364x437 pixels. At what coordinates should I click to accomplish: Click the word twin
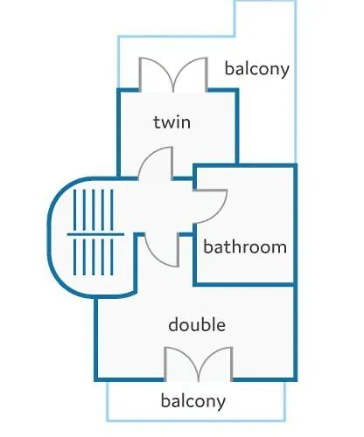pyautogui.click(x=172, y=122)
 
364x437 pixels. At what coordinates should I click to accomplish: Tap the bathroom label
pyautogui.click(x=245, y=246)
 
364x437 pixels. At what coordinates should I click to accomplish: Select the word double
pyautogui.click(x=197, y=324)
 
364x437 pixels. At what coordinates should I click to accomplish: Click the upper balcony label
pyautogui.click(x=257, y=69)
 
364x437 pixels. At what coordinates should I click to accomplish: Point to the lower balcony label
pyautogui.click(x=193, y=401)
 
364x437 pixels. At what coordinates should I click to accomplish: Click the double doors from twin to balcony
pyautogui.click(x=173, y=74)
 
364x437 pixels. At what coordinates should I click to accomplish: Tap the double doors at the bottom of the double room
pyautogui.click(x=199, y=364)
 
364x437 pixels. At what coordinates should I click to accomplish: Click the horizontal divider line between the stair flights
pyautogui.click(x=95, y=234)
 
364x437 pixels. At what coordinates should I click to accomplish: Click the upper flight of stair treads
pyautogui.click(x=94, y=210)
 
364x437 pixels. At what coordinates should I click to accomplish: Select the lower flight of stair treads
pyautogui.click(x=94, y=257)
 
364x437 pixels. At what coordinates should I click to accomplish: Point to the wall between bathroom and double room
pyautogui.click(x=243, y=284)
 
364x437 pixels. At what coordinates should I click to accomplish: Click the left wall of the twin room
pyautogui.click(x=118, y=133)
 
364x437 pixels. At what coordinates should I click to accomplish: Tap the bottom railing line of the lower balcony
pyautogui.click(x=196, y=420)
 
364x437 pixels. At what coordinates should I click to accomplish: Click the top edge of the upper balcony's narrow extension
pyautogui.click(x=265, y=1)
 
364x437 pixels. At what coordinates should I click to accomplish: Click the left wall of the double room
pyautogui.click(x=95, y=339)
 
